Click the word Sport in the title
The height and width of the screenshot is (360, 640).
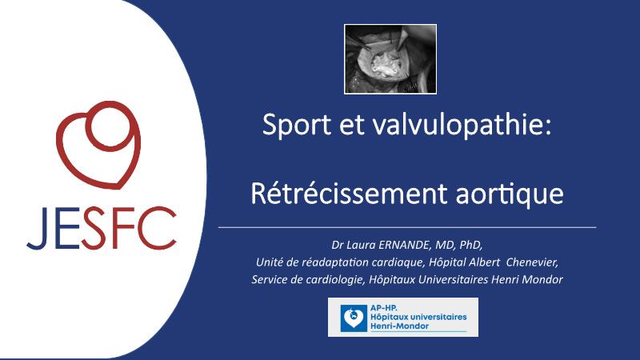296,125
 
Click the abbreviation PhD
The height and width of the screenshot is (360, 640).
470,245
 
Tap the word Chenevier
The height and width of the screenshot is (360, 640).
532,262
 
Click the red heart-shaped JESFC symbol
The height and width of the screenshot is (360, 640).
98,145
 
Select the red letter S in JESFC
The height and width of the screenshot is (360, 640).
94,228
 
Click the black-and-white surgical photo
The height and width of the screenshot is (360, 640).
390,58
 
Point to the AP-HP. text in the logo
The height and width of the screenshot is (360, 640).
383,308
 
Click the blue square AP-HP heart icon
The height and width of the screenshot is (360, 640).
354,318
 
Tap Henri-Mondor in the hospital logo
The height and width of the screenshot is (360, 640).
399,326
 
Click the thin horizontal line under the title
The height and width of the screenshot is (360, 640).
407,227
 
